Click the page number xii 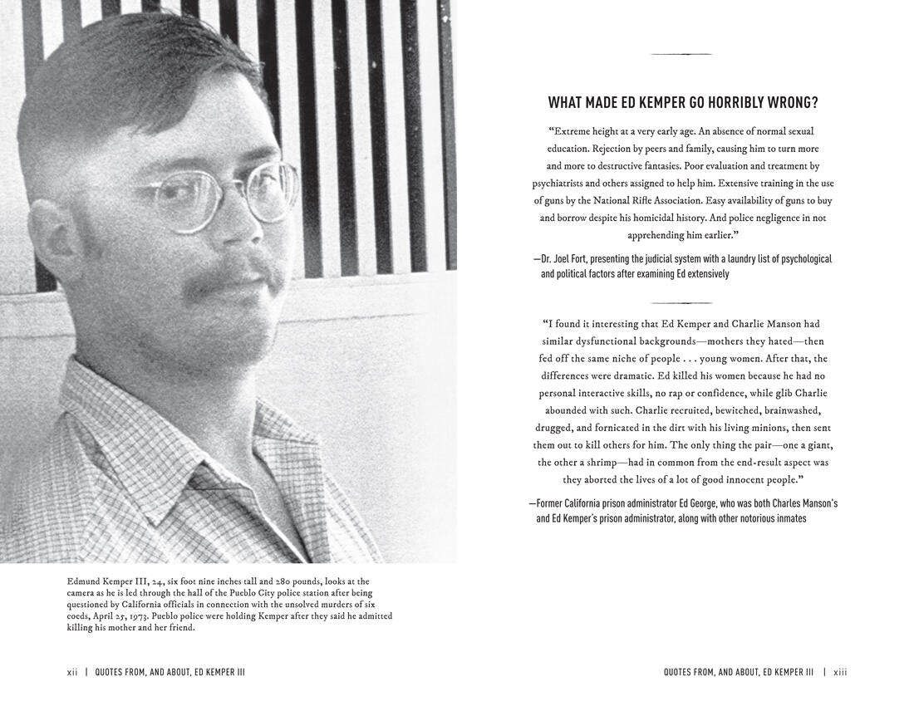pyautogui.click(x=72, y=672)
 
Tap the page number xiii pyautogui.click(x=840, y=672)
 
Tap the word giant pyautogui.click(x=817, y=444)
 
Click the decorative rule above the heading pyautogui.click(x=681, y=55)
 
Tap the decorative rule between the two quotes pyautogui.click(x=681, y=303)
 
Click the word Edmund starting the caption pyautogui.click(x=84, y=581)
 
